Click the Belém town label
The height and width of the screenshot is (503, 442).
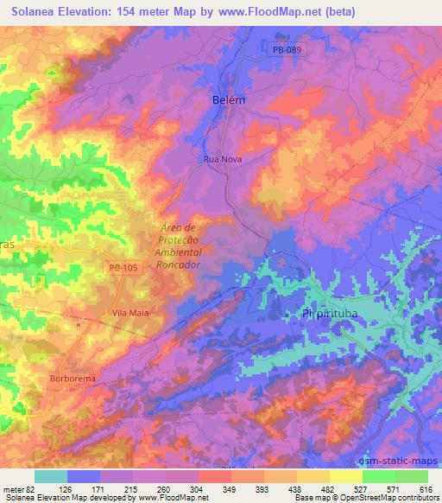pos(229,100)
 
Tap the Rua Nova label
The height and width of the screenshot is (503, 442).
pos(222,160)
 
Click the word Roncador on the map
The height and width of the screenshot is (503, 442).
pos(179,265)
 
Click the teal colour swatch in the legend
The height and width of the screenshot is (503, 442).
pos(51,476)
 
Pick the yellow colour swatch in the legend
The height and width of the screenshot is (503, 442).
pos(345,476)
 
